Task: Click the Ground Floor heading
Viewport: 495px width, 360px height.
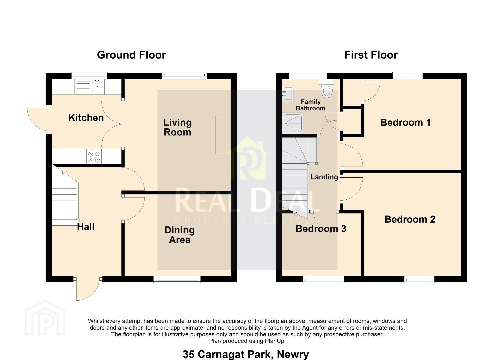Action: (131, 55)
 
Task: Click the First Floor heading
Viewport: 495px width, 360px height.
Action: (371, 55)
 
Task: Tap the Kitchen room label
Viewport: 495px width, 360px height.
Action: (86, 118)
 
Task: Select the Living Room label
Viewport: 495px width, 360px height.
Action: (177, 127)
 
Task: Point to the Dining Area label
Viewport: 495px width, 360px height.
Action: (179, 235)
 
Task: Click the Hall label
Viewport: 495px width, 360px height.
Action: (86, 227)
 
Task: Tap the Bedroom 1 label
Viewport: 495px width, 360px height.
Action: (405, 122)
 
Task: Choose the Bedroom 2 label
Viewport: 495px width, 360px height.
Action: (410, 219)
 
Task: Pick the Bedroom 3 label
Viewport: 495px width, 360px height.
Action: (321, 229)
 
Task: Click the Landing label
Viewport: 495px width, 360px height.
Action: (324, 177)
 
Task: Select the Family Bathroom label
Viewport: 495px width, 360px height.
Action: (310, 105)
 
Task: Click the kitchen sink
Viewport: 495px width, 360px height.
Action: (90, 86)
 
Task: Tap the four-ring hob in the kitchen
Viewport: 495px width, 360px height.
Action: (94, 156)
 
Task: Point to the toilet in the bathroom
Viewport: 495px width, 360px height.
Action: (327, 89)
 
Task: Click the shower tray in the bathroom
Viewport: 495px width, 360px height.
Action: (293, 123)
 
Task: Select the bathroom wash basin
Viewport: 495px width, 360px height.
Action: (287, 93)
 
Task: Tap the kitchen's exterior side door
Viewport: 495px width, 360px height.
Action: (38, 120)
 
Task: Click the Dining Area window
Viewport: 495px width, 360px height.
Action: (177, 280)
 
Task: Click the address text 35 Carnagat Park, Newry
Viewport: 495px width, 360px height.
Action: (246, 354)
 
